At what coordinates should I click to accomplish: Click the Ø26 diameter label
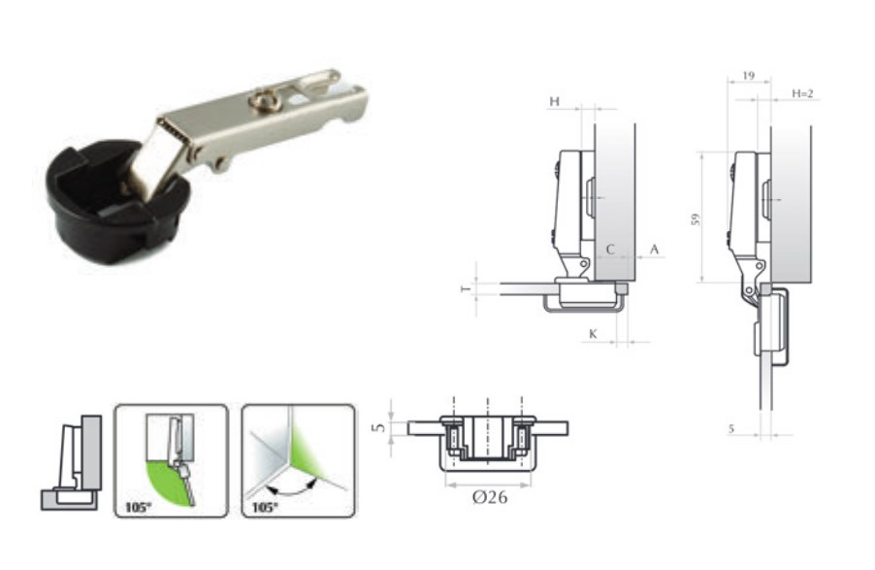click(490, 497)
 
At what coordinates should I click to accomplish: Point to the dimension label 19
click(748, 76)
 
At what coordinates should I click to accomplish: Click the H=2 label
click(802, 93)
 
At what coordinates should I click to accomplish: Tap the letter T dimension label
click(466, 288)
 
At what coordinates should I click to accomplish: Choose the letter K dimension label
click(593, 334)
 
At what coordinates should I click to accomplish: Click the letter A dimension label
click(654, 250)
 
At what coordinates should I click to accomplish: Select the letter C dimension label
click(610, 250)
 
